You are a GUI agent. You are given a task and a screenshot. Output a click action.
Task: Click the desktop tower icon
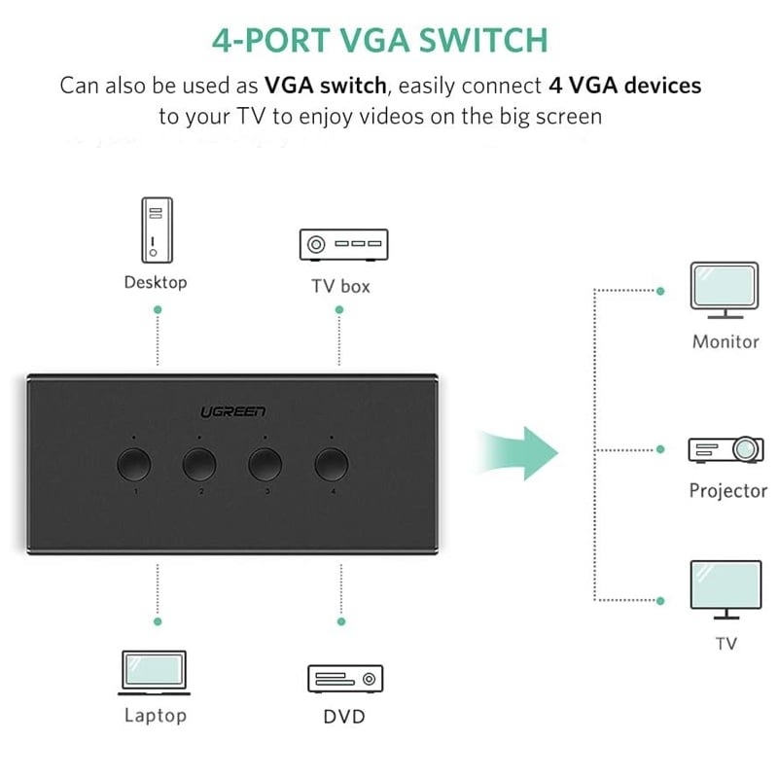(156, 230)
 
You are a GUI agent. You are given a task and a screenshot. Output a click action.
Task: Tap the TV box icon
(342, 245)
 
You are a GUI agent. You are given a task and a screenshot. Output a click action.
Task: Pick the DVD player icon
(345, 678)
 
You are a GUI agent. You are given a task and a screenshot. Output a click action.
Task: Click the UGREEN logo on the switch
(232, 412)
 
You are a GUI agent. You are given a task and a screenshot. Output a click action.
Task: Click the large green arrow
(520, 449)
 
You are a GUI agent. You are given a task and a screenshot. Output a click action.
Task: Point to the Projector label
(728, 490)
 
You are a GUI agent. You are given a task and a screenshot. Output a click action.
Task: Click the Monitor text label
(725, 341)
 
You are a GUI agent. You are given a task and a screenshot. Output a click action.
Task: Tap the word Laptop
(155, 716)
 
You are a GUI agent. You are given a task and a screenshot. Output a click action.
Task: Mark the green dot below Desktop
(158, 309)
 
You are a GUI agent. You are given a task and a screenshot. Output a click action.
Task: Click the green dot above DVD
(340, 620)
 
